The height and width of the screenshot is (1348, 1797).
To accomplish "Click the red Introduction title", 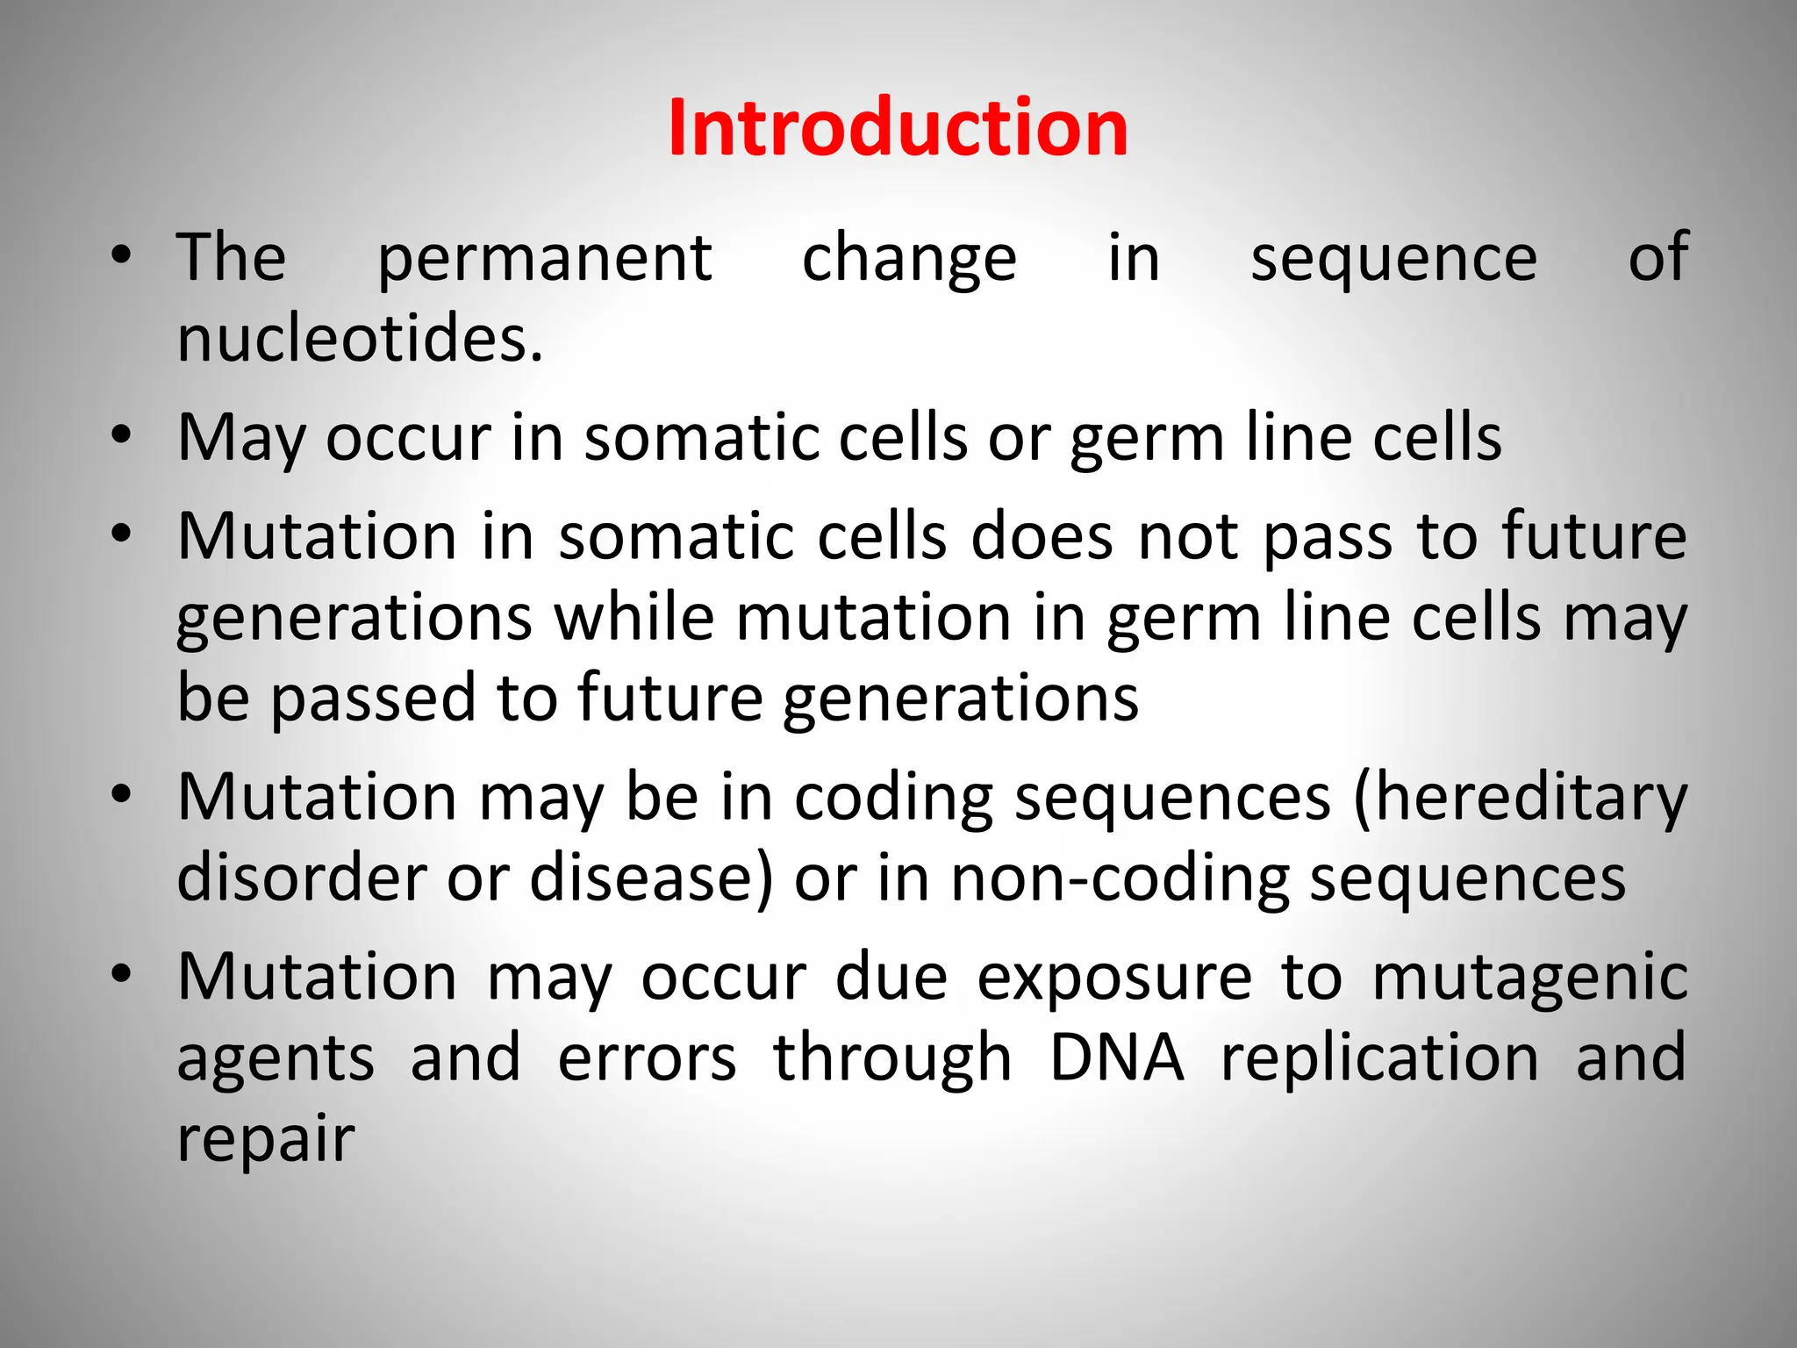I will [x=898, y=129].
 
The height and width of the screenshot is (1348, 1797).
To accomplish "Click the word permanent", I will [x=544, y=260].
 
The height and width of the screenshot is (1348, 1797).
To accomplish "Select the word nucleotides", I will [x=360, y=340].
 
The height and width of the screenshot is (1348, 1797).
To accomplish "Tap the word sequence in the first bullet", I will [x=1393, y=260].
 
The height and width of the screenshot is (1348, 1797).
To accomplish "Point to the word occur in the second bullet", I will [x=408, y=439].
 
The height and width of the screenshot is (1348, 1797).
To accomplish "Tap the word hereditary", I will [x=1520, y=799].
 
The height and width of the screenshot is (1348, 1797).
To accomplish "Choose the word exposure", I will [x=1114, y=979].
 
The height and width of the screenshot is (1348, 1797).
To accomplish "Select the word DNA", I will [x=1116, y=1058].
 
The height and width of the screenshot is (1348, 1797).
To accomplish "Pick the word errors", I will [x=647, y=1058].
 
